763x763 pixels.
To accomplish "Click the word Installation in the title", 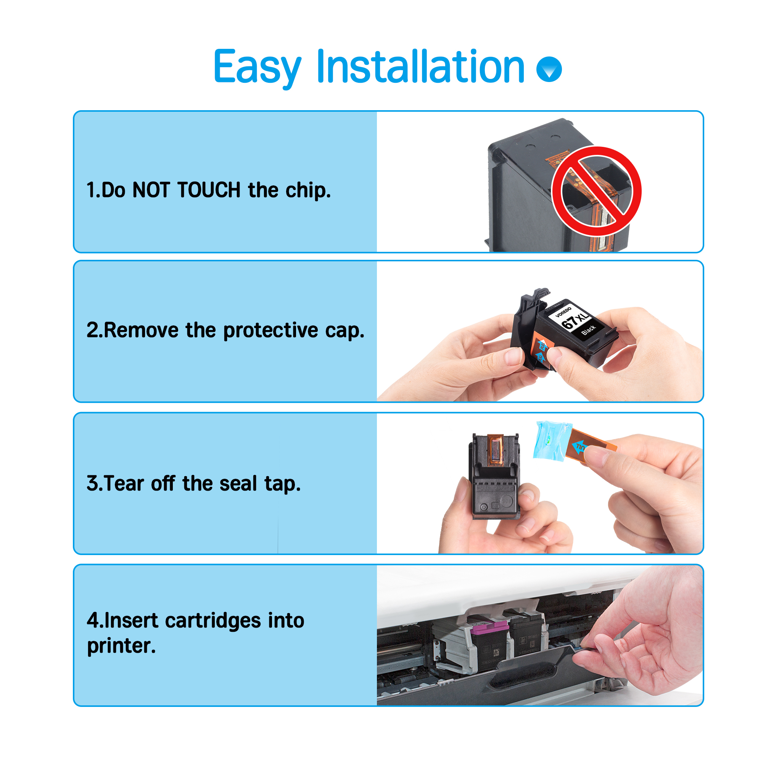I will click(x=420, y=67).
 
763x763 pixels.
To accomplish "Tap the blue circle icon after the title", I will click(x=549, y=69).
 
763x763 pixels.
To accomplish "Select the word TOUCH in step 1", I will click(x=209, y=190).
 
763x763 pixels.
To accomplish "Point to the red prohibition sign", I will click(x=596, y=192).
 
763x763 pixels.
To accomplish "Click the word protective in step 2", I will click(x=270, y=330).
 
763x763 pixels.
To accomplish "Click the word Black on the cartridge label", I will click(x=588, y=330).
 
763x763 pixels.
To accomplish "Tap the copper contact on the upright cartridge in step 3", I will click(x=496, y=451).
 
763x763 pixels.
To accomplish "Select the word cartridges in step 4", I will click(x=213, y=620).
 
